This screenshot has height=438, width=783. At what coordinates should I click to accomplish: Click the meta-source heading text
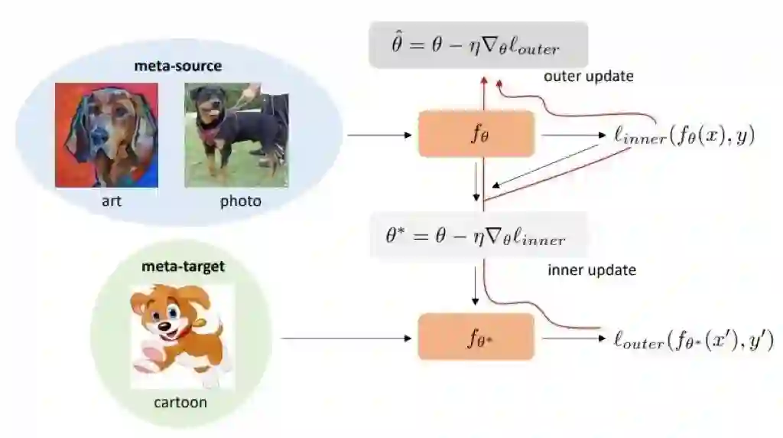pos(177,66)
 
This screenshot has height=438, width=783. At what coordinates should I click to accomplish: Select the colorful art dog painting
pos(107,134)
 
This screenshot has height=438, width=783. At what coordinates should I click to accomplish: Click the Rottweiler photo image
pos(236,135)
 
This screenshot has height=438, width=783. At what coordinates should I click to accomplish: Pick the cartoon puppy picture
pos(181,335)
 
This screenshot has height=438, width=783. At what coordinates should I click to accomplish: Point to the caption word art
pos(112,201)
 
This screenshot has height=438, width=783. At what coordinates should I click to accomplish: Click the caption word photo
pos(240,201)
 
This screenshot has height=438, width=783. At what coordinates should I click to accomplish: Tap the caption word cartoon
pos(180,402)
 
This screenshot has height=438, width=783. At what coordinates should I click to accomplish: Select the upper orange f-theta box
pos(476,134)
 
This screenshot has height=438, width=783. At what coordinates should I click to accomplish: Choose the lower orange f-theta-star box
pos(476,337)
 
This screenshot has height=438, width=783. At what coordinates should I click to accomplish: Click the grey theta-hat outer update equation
pos(479,45)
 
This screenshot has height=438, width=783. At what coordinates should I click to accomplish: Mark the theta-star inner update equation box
pos(479,235)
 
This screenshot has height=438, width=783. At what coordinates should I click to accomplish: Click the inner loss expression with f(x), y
pos(684,136)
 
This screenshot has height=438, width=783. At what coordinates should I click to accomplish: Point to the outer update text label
pos(588,77)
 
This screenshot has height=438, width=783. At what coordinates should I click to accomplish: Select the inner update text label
pos(592,270)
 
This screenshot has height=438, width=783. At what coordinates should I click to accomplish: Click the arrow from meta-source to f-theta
pos(379,136)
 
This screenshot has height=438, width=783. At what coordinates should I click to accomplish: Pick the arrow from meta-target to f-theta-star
pos(348,338)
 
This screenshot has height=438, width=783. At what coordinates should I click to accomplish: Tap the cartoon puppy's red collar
pos(182,332)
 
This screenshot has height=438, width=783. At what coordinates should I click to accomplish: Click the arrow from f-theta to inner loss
pos(573,136)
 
